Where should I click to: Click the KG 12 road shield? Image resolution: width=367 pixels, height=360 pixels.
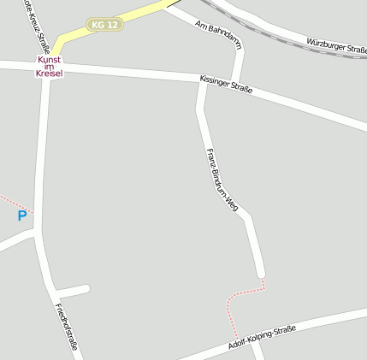(x=104, y=25)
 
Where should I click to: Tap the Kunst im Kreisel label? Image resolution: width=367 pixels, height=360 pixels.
(x=50, y=67)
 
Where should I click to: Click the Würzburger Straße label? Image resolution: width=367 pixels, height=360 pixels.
(x=336, y=44)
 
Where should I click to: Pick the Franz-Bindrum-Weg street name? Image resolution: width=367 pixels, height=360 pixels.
(x=222, y=180)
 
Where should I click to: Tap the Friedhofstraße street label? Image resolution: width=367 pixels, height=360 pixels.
(x=67, y=329)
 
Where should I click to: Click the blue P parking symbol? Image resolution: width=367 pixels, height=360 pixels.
(x=22, y=216)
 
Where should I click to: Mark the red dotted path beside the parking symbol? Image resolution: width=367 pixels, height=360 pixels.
(x=12, y=203)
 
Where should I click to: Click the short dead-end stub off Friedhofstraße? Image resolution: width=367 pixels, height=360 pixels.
(x=73, y=291)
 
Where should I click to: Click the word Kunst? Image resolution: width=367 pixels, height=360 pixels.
(x=50, y=60)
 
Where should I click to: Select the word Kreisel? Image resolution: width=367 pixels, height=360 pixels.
(x=50, y=74)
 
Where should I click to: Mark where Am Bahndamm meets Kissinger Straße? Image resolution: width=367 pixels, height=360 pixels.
(x=239, y=83)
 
